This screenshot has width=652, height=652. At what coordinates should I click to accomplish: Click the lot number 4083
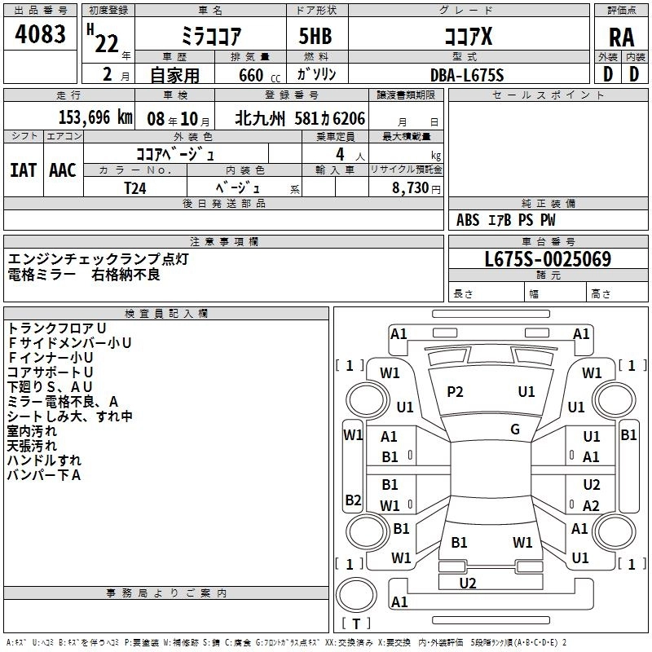(41, 33)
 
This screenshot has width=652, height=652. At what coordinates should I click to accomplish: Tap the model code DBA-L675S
(467, 75)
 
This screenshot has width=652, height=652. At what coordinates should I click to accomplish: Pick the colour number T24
(136, 187)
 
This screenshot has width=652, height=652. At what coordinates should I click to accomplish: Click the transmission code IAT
(23, 170)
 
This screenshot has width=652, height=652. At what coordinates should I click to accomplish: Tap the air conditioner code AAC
(62, 170)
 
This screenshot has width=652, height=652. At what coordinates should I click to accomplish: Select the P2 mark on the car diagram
(455, 392)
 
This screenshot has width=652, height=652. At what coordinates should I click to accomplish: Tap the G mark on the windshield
(514, 430)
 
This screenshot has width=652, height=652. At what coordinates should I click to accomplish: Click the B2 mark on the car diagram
(353, 500)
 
